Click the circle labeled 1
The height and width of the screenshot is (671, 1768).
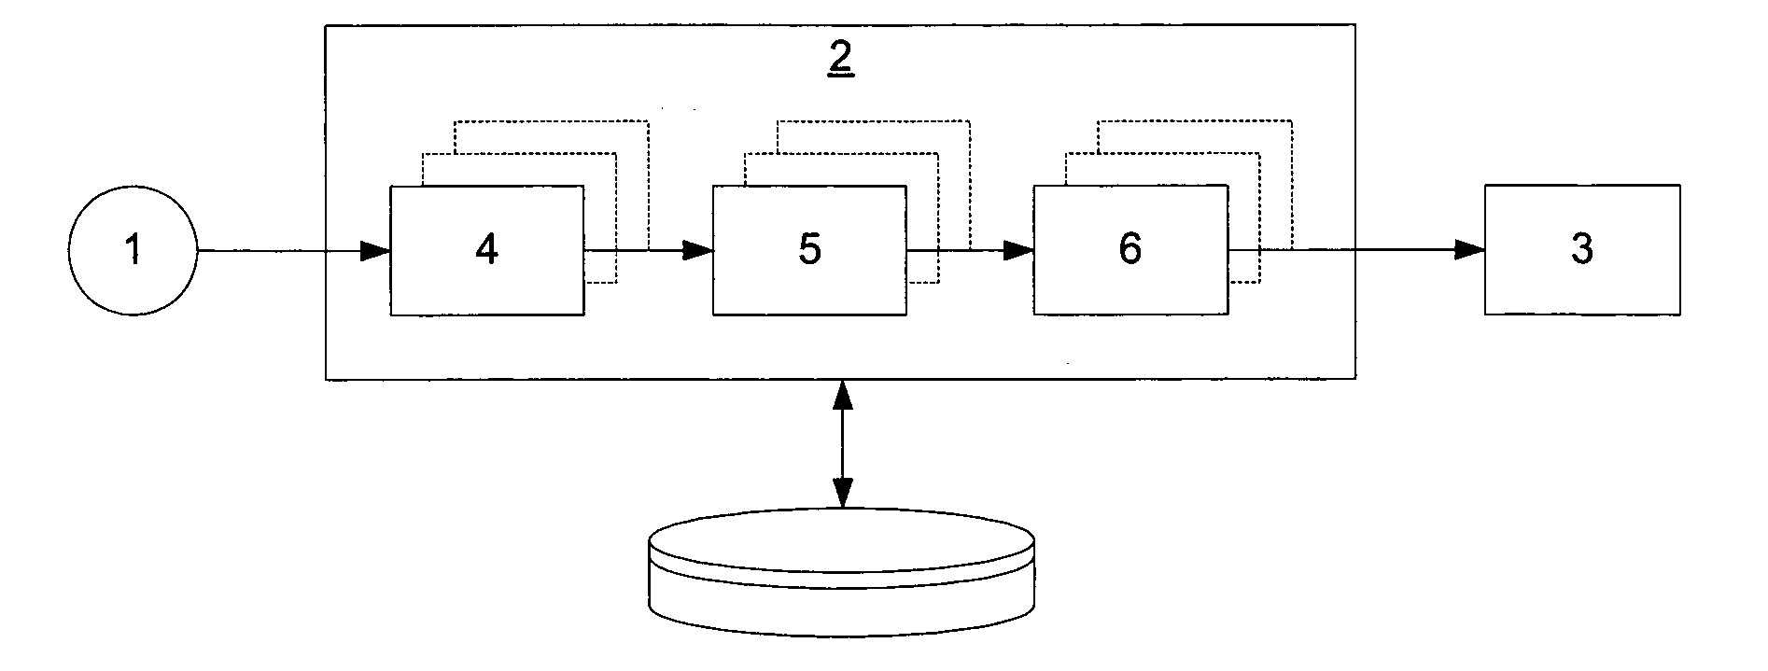(x=133, y=250)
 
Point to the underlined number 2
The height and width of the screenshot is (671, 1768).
(x=840, y=60)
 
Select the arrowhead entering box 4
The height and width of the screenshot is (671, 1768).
(x=376, y=250)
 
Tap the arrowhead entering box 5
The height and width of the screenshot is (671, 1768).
(x=698, y=250)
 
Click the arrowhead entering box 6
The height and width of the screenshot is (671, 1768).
(x=1019, y=250)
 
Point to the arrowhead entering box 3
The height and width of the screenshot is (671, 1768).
(x=1470, y=249)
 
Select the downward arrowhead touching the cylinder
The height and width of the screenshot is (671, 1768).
(x=843, y=495)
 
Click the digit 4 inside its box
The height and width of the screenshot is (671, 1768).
(x=486, y=250)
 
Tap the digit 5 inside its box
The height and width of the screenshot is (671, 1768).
(x=809, y=250)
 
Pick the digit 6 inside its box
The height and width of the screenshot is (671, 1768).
(x=1130, y=249)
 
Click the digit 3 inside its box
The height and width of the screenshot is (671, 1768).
(x=1582, y=250)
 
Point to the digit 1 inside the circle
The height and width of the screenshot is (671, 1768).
(x=133, y=250)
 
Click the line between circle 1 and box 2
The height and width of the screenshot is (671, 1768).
(x=261, y=250)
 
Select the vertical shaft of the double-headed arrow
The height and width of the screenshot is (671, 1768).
(x=843, y=443)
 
